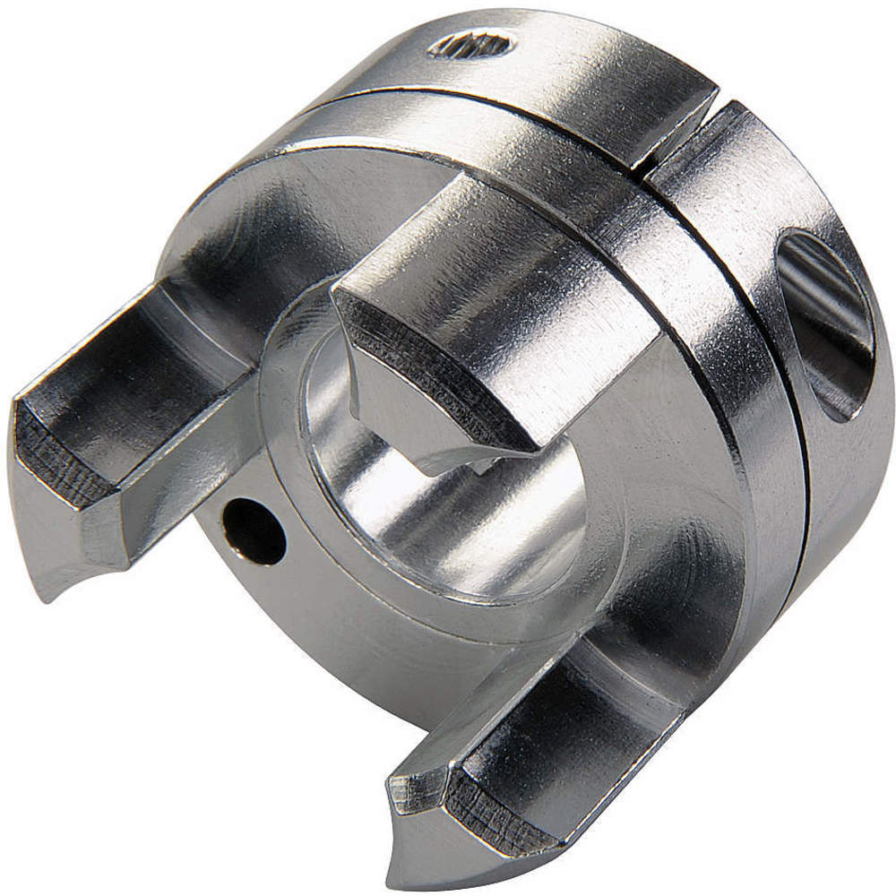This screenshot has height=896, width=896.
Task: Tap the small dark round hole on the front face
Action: [x=255, y=530]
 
